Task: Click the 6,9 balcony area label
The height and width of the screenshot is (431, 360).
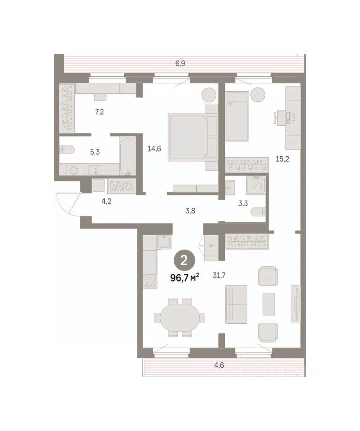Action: tap(180, 64)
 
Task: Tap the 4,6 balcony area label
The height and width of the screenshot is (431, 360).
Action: tap(219, 365)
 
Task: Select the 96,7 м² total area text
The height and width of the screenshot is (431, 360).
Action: tap(184, 278)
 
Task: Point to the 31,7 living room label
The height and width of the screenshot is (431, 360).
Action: tap(219, 275)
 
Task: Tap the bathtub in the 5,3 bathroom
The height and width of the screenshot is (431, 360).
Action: tap(127, 156)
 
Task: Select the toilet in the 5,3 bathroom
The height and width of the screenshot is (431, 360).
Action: tap(67, 150)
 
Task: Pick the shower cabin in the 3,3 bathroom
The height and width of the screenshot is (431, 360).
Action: tap(256, 185)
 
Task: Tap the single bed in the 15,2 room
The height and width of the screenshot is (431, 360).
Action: tap(237, 117)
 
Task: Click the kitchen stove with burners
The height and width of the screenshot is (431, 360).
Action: tap(150, 281)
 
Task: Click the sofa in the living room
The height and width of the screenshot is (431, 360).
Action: tap(236, 304)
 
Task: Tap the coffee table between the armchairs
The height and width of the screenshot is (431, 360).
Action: tap(268, 304)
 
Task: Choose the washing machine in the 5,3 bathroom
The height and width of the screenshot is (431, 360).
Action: tap(74, 170)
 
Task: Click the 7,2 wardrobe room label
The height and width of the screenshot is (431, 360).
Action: tap(100, 112)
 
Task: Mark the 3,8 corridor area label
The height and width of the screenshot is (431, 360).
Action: tap(190, 211)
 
